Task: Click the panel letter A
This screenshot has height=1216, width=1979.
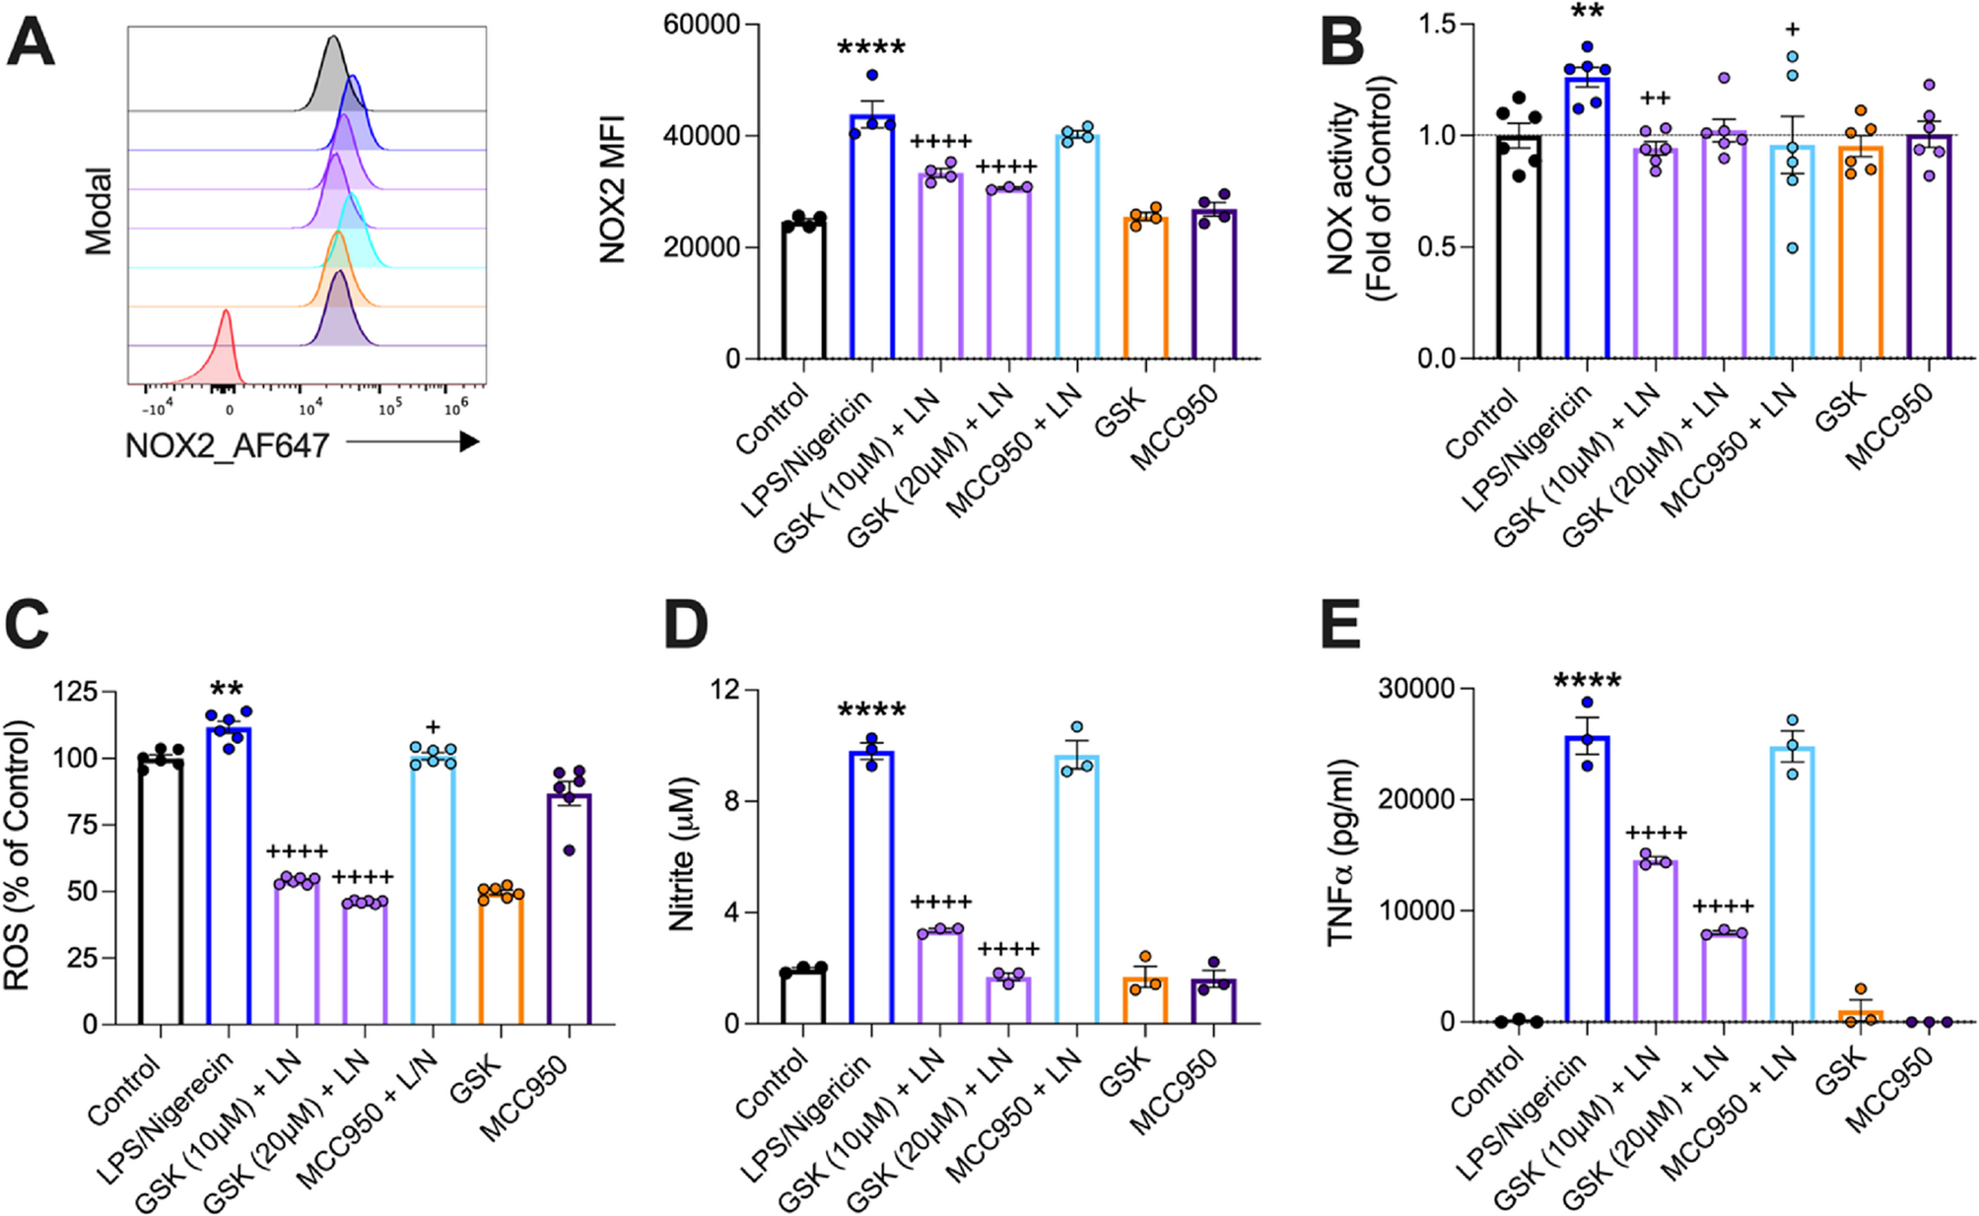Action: click(x=31, y=44)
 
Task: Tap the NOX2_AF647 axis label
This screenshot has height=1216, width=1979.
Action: click(x=226, y=445)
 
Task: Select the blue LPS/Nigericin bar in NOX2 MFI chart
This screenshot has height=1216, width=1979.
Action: click(x=872, y=236)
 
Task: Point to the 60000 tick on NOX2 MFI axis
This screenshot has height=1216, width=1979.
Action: click(x=701, y=24)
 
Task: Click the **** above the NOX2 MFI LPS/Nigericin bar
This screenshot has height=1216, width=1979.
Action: click(x=871, y=47)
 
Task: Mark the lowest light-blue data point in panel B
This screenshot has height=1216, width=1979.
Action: click(x=1792, y=248)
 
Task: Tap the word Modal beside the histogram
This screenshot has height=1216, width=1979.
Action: click(x=99, y=211)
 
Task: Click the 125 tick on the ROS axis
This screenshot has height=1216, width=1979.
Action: click(x=74, y=692)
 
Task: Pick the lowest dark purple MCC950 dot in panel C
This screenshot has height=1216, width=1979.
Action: click(x=569, y=849)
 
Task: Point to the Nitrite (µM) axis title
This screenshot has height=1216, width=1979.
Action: click(x=682, y=854)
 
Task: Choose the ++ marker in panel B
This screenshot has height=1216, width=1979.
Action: click(x=1655, y=99)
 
